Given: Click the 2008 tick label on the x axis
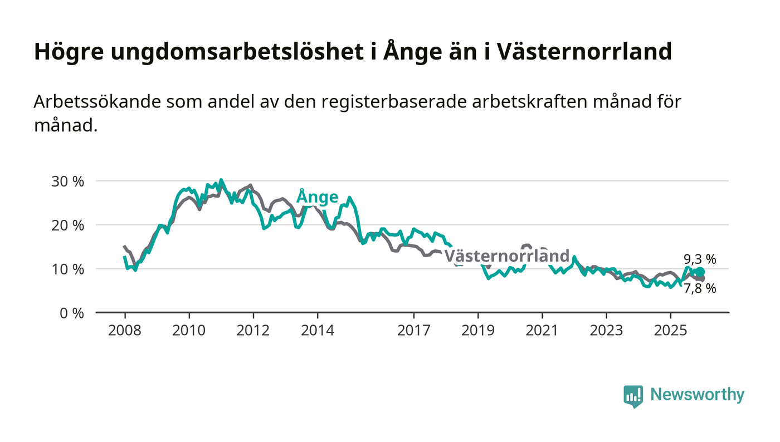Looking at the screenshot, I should click(124, 330).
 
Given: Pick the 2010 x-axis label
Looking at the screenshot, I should click(189, 330).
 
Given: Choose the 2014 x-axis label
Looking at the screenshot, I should click(318, 330).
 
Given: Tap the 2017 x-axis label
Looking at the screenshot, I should click(414, 330).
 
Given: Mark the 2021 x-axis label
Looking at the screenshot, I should click(542, 330).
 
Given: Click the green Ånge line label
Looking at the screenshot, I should click(317, 197).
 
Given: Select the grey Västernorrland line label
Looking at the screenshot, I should click(506, 256).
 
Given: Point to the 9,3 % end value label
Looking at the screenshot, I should click(700, 259).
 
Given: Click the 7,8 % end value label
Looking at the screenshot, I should click(700, 288).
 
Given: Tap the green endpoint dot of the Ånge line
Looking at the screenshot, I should click(700, 272).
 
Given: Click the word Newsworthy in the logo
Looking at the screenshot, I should click(697, 395).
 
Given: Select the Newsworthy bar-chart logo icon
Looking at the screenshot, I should click(633, 396).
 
